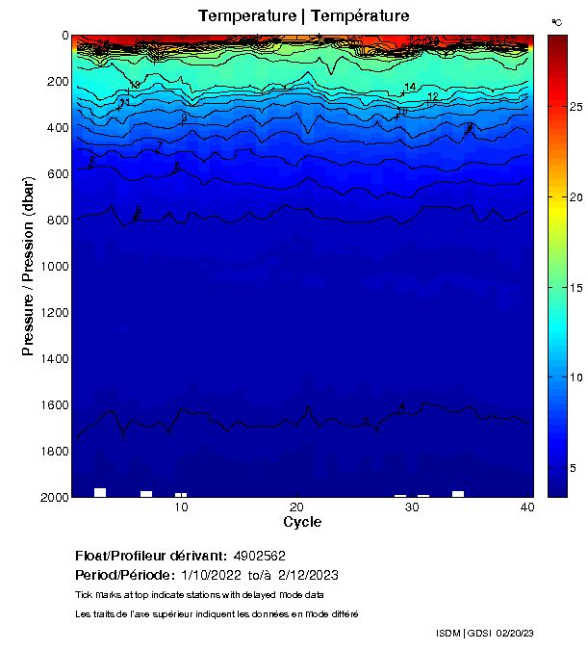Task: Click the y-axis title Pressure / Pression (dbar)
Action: pos(29,268)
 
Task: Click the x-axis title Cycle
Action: pos(302,522)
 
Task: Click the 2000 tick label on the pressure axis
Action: pos(52,497)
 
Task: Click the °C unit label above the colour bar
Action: pos(556,21)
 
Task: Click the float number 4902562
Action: pos(259,557)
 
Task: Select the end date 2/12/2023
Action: pos(308,575)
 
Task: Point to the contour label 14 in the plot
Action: pos(410,87)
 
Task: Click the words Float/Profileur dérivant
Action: pos(150,557)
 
